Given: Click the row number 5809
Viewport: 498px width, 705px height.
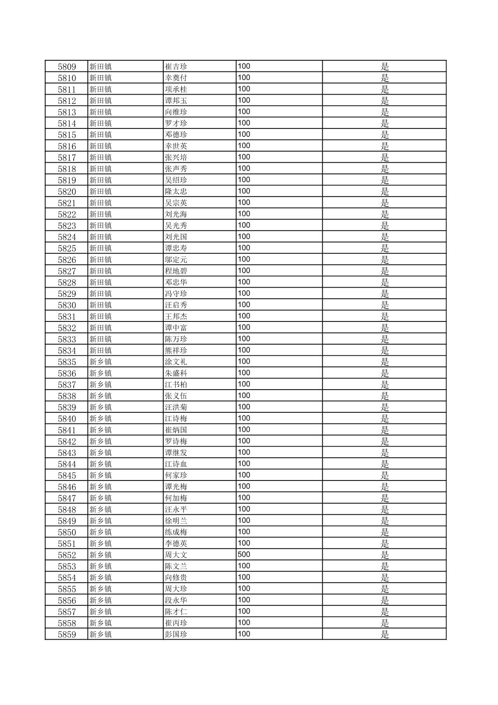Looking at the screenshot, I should pos(67,67).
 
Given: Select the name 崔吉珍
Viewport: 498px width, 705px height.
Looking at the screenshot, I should pos(176,67).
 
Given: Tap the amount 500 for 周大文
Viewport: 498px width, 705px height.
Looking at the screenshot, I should pos(244,555).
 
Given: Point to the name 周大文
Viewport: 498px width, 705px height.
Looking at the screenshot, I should pos(176,555).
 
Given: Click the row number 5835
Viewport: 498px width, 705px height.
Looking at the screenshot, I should pos(67,362).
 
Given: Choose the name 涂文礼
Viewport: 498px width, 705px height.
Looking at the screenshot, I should pos(176,362).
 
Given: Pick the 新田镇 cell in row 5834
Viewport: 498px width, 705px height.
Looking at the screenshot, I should pos(101,351).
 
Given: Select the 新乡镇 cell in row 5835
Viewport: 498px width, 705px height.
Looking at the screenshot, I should pos(101,362).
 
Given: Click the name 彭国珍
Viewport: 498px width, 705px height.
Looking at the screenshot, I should pos(176,634).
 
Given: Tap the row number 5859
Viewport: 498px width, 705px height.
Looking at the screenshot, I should pos(67,634).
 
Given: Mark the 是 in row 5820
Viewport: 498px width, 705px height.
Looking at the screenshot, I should pos(385,192).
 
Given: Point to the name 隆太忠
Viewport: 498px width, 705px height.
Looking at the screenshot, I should pos(176,192).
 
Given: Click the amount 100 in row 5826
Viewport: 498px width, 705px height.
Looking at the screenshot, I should pos(244,259).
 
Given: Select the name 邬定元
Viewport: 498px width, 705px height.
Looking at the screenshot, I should pos(176,260).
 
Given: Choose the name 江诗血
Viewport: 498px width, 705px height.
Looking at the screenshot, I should pos(176,464).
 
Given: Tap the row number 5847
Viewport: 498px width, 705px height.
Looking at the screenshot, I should pos(67,499).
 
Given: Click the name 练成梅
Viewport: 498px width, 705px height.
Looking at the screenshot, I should pos(176,532).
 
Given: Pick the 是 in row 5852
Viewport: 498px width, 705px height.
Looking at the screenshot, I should pos(385,555).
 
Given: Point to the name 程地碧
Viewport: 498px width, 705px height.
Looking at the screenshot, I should pos(176,271).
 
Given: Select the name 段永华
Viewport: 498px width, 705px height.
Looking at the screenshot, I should pos(176,601).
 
